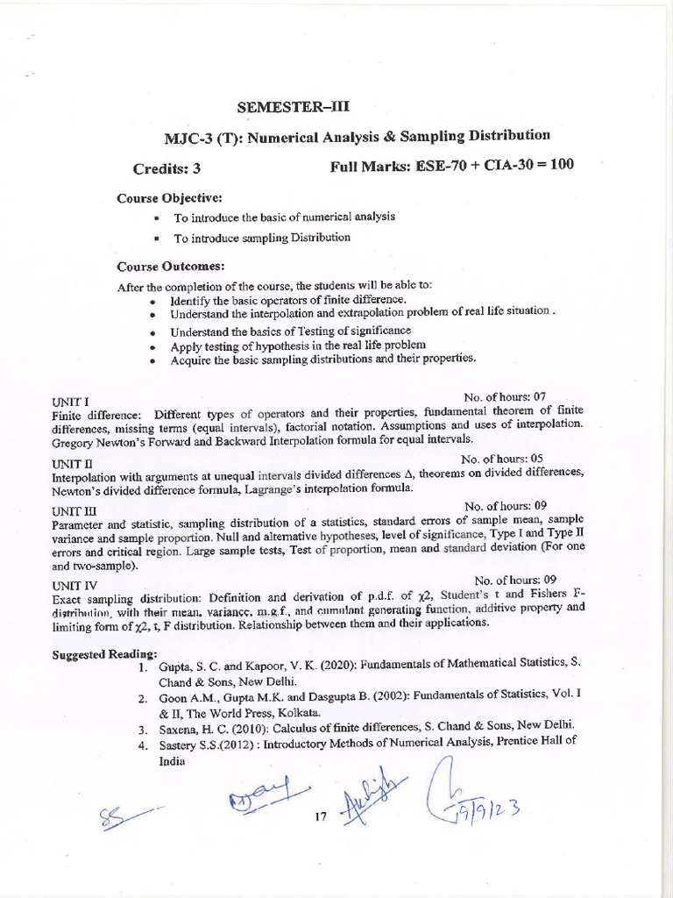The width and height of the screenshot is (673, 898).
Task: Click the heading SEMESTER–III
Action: (294, 108)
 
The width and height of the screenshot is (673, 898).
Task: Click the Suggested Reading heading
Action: (104, 654)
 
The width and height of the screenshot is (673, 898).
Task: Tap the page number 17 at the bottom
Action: (320, 816)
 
